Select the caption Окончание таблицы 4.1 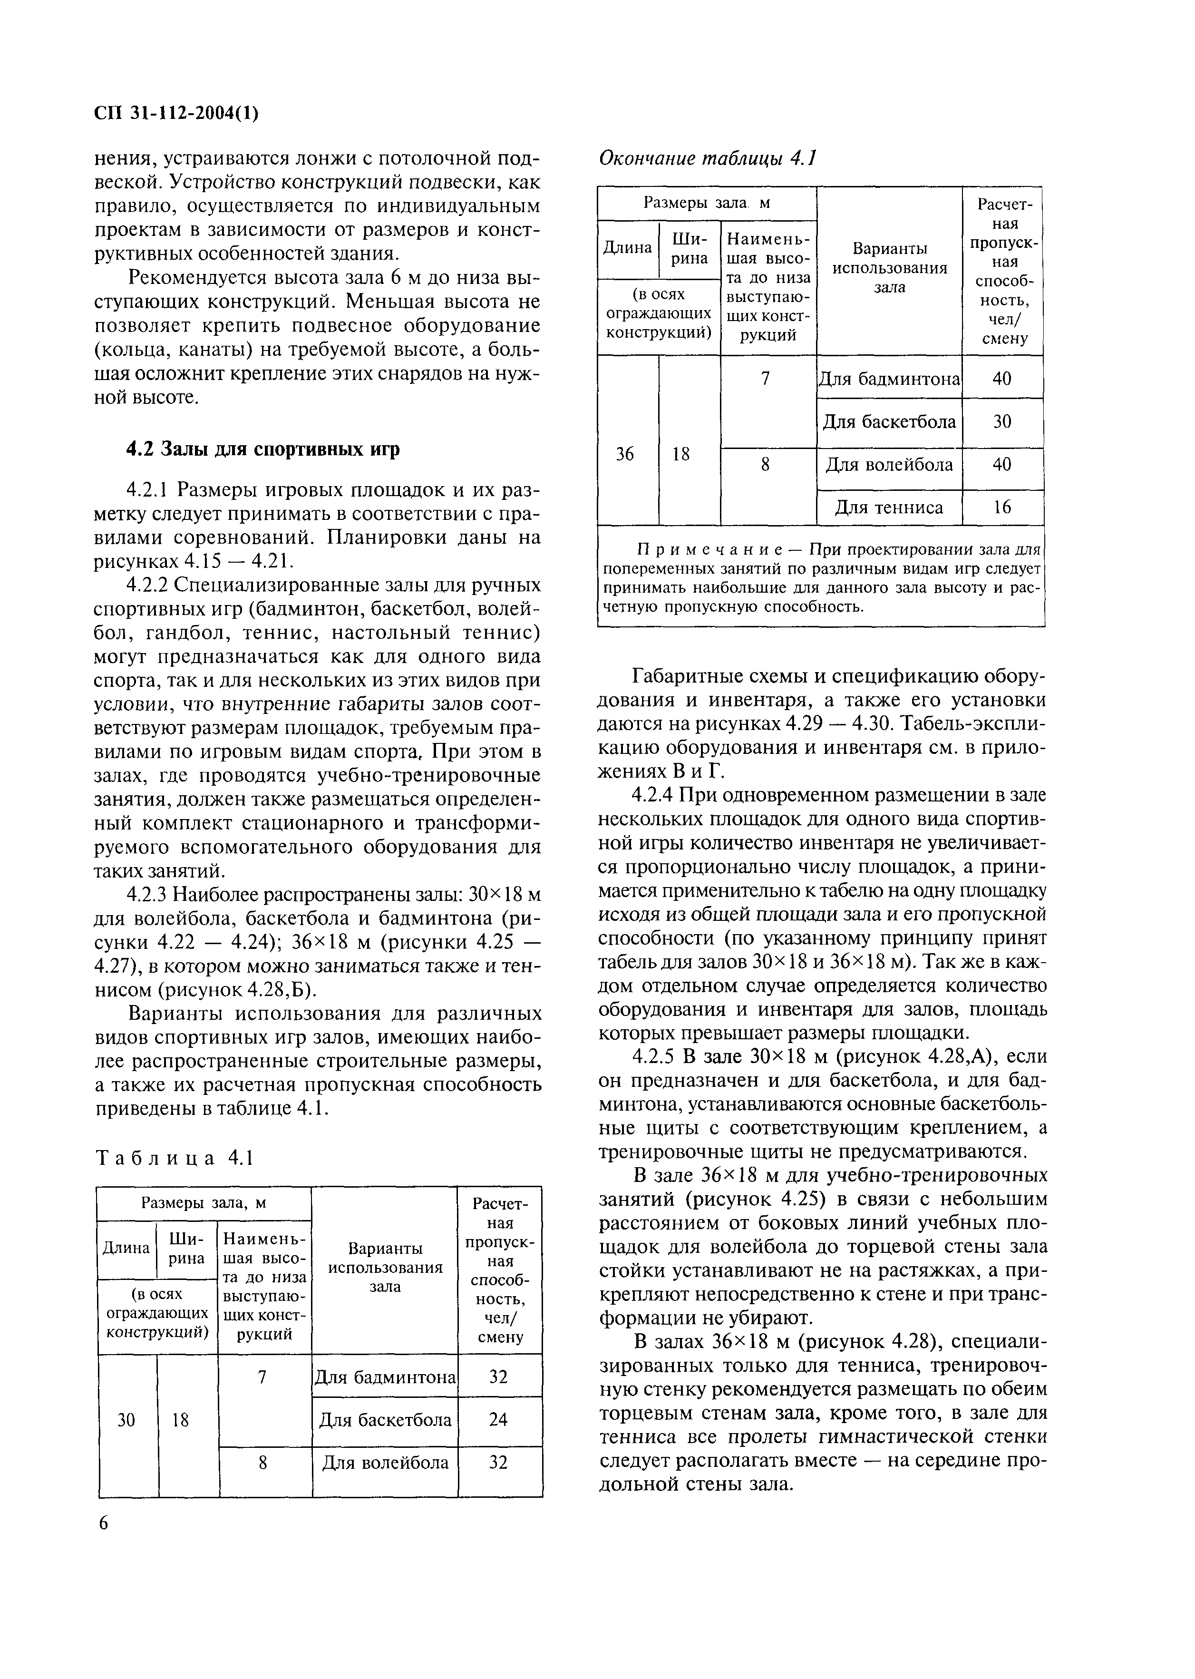point(708,158)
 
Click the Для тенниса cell point(889,507)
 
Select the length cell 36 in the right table point(625,454)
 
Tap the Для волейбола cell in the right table point(889,465)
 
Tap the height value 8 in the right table point(765,465)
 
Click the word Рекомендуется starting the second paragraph point(194,278)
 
